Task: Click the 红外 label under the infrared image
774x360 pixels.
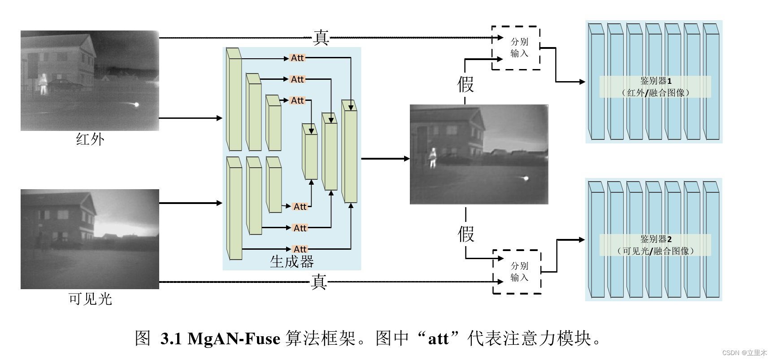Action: point(90,139)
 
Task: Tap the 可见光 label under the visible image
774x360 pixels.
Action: point(90,299)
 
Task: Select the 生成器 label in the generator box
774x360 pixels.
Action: point(292,261)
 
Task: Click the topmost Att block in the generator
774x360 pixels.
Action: point(297,58)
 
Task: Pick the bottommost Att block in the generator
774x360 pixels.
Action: point(300,249)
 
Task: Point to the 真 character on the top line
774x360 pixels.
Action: point(321,38)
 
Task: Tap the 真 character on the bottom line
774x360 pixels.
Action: point(319,282)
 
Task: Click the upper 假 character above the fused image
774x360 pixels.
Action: point(465,84)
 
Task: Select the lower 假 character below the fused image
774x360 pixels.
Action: point(466,234)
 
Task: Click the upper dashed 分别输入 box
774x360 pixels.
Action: point(516,48)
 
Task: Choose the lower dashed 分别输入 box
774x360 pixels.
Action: point(517,272)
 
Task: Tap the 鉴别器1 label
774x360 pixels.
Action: point(656,81)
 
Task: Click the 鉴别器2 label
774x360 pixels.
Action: point(656,239)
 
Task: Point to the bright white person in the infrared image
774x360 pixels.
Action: point(43,83)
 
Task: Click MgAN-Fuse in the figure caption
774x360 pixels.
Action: point(234,338)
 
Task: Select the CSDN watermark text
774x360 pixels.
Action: point(744,353)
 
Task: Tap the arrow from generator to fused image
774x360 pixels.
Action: point(385,158)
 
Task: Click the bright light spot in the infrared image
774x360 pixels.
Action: point(136,104)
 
